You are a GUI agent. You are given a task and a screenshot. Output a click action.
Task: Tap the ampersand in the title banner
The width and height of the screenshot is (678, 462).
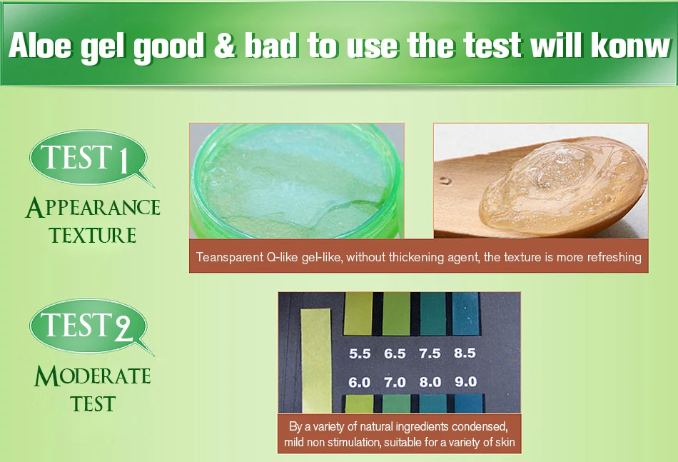pyautogui.click(x=224, y=46)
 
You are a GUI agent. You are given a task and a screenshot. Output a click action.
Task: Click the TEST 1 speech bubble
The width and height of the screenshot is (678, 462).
pyautogui.click(x=89, y=158)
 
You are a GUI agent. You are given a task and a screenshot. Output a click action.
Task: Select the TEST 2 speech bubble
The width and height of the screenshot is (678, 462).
pyautogui.click(x=89, y=326)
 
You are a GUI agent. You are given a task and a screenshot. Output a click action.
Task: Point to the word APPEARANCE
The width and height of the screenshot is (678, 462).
pyautogui.click(x=93, y=208)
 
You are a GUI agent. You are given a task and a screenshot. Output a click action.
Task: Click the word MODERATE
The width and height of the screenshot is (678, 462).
pyautogui.click(x=93, y=376)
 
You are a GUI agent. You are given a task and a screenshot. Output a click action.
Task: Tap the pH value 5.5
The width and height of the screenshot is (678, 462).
pyautogui.click(x=360, y=353)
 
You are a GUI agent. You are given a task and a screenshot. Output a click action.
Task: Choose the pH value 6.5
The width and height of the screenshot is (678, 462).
pyautogui.click(x=395, y=353)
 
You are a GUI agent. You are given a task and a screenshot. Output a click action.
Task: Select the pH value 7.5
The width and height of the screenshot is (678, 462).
pyautogui.click(x=430, y=353)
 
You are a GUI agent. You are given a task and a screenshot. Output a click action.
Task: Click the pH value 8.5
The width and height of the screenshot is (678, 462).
pyautogui.click(x=465, y=353)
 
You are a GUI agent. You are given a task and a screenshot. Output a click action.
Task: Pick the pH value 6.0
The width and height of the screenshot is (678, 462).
pyautogui.click(x=359, y=383)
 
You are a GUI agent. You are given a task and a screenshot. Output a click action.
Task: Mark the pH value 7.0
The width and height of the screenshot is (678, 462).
pyautogui.click(x=395, y=383)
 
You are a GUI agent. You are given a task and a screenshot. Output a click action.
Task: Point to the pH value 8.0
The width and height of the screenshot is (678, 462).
pyautogui.click(x=430, y=383)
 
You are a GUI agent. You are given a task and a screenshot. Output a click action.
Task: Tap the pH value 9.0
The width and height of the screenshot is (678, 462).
pyautogui.click(x=466, y=382)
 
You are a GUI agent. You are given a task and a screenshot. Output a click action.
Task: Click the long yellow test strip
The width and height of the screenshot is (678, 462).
pyautogui.click(x=316, y=361)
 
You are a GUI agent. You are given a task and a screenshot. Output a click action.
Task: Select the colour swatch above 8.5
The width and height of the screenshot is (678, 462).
pyautogui.click(x=466, y=313)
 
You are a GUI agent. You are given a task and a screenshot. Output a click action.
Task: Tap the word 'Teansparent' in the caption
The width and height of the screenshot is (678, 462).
pyautogui.click(x=228, y=257)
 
